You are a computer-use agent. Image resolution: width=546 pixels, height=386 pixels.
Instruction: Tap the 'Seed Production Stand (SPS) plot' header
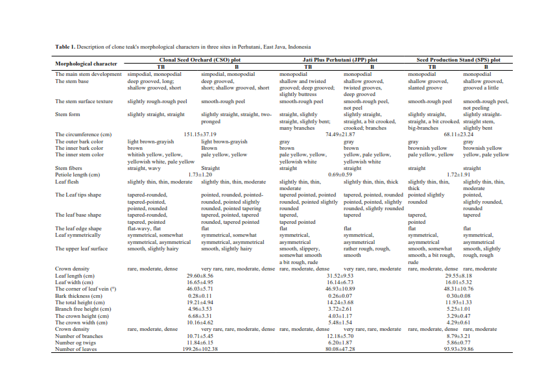pos(458,60)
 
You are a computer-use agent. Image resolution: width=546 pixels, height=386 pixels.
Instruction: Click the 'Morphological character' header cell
pos(86,64)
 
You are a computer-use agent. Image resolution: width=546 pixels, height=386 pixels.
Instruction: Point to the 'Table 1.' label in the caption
pos(65,47)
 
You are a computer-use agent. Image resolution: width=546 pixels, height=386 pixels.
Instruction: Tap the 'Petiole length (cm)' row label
pos(77,175)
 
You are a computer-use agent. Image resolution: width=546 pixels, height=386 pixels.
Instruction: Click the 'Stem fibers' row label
pos(69,168)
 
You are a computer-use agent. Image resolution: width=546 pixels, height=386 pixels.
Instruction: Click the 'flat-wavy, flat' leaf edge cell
pos(144,228)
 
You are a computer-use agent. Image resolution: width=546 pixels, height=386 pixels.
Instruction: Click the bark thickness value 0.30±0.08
pos(458,295)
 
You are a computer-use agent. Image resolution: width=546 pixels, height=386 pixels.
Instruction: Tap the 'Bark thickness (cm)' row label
pos(78,295)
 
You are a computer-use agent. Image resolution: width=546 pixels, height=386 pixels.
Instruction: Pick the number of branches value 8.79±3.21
pos(458,336)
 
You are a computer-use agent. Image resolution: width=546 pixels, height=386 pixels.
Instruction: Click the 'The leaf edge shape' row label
pos(78,228)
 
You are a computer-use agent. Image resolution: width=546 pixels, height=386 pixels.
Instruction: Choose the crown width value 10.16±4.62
pos(200,322)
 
